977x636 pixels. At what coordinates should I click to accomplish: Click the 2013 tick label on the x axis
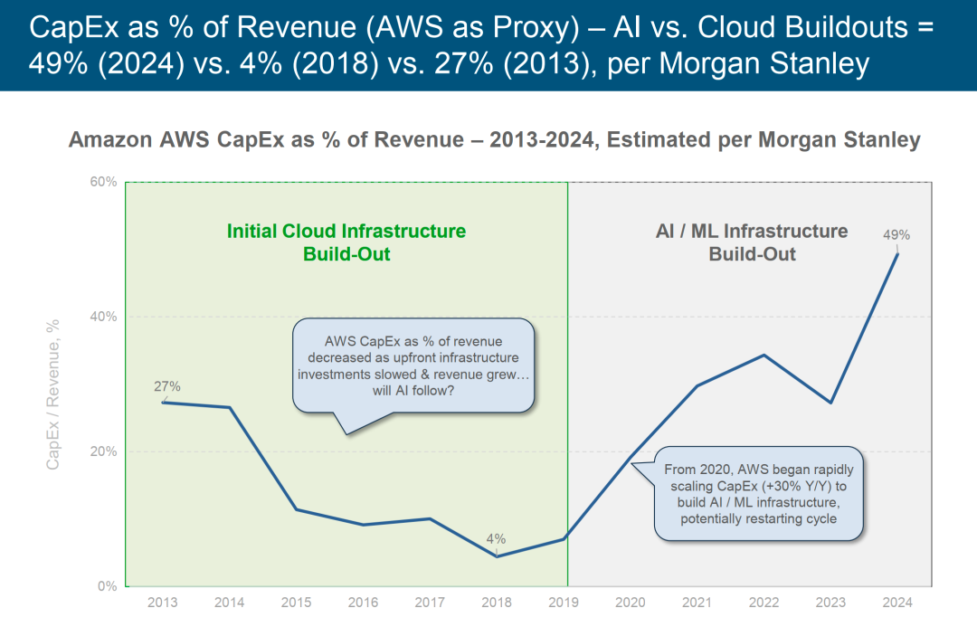pos(162,603)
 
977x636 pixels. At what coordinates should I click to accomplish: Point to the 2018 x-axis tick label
pos(496,603)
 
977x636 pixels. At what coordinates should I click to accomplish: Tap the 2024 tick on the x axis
pos(897,603)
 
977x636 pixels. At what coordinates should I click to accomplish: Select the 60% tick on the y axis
pos(104,182)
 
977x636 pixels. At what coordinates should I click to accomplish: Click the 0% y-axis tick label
pos(108,586)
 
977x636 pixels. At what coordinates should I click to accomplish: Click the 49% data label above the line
pos(896,235)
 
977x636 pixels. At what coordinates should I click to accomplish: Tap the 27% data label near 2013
pos(166,386)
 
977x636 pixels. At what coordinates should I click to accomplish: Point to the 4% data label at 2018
pos(496,539)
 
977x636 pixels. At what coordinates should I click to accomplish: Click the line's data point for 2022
pos(764,355)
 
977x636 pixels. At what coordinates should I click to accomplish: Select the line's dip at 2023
pos(830,403)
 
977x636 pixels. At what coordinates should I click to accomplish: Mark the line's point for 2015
pos(296,509)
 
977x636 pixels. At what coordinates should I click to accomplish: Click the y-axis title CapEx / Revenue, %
pos(53,394)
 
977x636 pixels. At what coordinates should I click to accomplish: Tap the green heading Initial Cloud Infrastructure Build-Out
pos(346,242)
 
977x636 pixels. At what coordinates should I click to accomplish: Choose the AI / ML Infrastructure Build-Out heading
pos(752,242)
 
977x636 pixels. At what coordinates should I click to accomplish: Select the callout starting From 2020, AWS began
pos(758,494)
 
